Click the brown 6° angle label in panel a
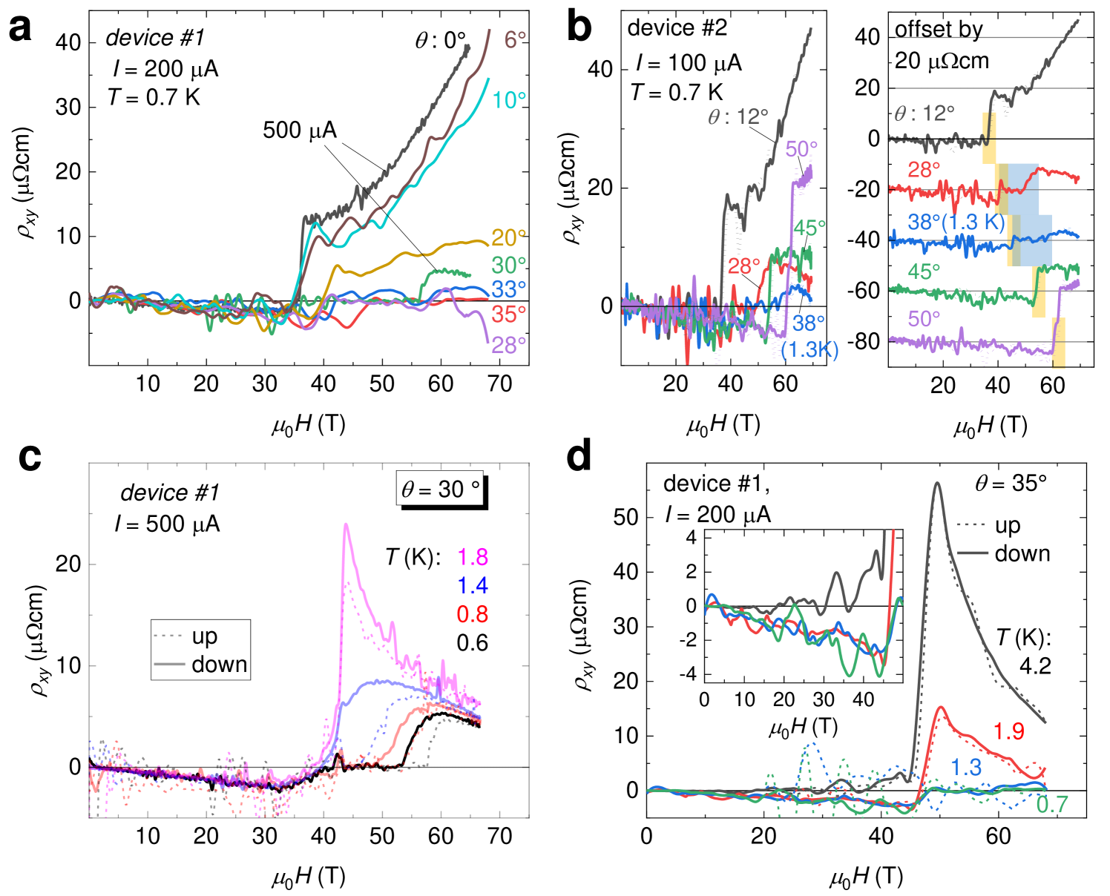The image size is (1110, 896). [515, 39]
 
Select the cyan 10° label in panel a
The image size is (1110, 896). [509, 99]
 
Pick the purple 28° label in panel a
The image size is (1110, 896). [508, 345]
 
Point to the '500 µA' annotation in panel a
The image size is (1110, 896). [300, 131]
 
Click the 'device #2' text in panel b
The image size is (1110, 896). [677, 28]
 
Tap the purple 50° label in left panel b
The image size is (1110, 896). [801, 149]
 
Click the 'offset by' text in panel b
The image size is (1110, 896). [939, 30]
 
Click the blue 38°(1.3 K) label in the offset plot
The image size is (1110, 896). [956, 223]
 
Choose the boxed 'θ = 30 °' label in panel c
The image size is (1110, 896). [440, 490]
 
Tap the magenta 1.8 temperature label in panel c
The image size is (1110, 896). [472, 557]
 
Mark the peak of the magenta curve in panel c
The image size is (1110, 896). [345, 524]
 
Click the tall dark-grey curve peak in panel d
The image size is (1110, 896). [937, 483]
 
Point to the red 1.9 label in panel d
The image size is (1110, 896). [1009, 731]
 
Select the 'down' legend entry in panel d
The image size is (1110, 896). [1022, 553]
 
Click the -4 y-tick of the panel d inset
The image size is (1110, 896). [691, 675]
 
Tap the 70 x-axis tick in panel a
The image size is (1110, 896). [499, 383]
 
